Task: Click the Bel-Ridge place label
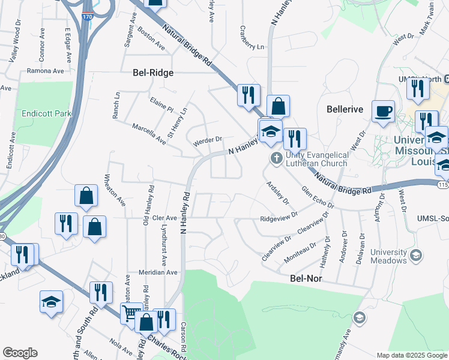pos(152,73)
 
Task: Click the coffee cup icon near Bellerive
pos(383,111)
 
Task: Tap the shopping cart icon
pos(131,313)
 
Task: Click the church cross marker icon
pos(276,158)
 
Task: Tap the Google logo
pos(20,353)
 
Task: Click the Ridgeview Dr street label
pos(279,217)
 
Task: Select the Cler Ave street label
pos(164,218)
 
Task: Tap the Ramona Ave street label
pos(46,70)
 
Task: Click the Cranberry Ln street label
pos(252,38)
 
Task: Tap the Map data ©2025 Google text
pos(412,355)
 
